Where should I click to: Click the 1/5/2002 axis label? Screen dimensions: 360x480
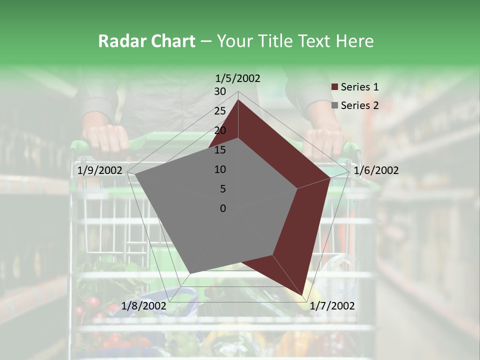(x=238, y=78)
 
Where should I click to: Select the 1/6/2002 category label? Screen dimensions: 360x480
(x=376, y=170)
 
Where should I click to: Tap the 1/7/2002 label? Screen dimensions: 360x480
(x=332, y=306)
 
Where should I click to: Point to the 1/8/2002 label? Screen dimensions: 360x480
(x=144, y=306)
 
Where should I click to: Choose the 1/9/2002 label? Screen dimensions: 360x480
(x=100, y=170)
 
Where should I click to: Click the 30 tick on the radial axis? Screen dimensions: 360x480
(x=220, y=91)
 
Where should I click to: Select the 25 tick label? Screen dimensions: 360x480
(x=220, y=111)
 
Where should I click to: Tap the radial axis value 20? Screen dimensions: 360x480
(x=220, y=130)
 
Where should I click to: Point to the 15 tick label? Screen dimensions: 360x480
(x=220, y=150)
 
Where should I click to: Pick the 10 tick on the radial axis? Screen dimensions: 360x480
(x=220, y=169)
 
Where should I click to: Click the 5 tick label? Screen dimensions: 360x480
(x=223, y=189)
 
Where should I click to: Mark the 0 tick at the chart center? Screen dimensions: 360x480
(x=223, y=208)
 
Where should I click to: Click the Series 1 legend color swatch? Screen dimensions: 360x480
(x=334, y=87)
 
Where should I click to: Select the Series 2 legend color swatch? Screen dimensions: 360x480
(x=334, y=105)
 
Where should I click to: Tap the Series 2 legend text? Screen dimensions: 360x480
(x=359, y=105)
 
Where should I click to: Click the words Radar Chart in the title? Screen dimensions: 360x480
(x=146, y=41)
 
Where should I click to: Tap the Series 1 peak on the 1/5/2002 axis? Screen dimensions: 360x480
(x=238, y=100)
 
